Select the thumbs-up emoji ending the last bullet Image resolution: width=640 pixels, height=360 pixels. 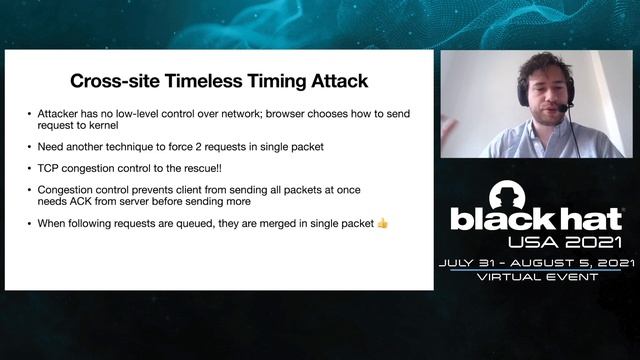point(382,223)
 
